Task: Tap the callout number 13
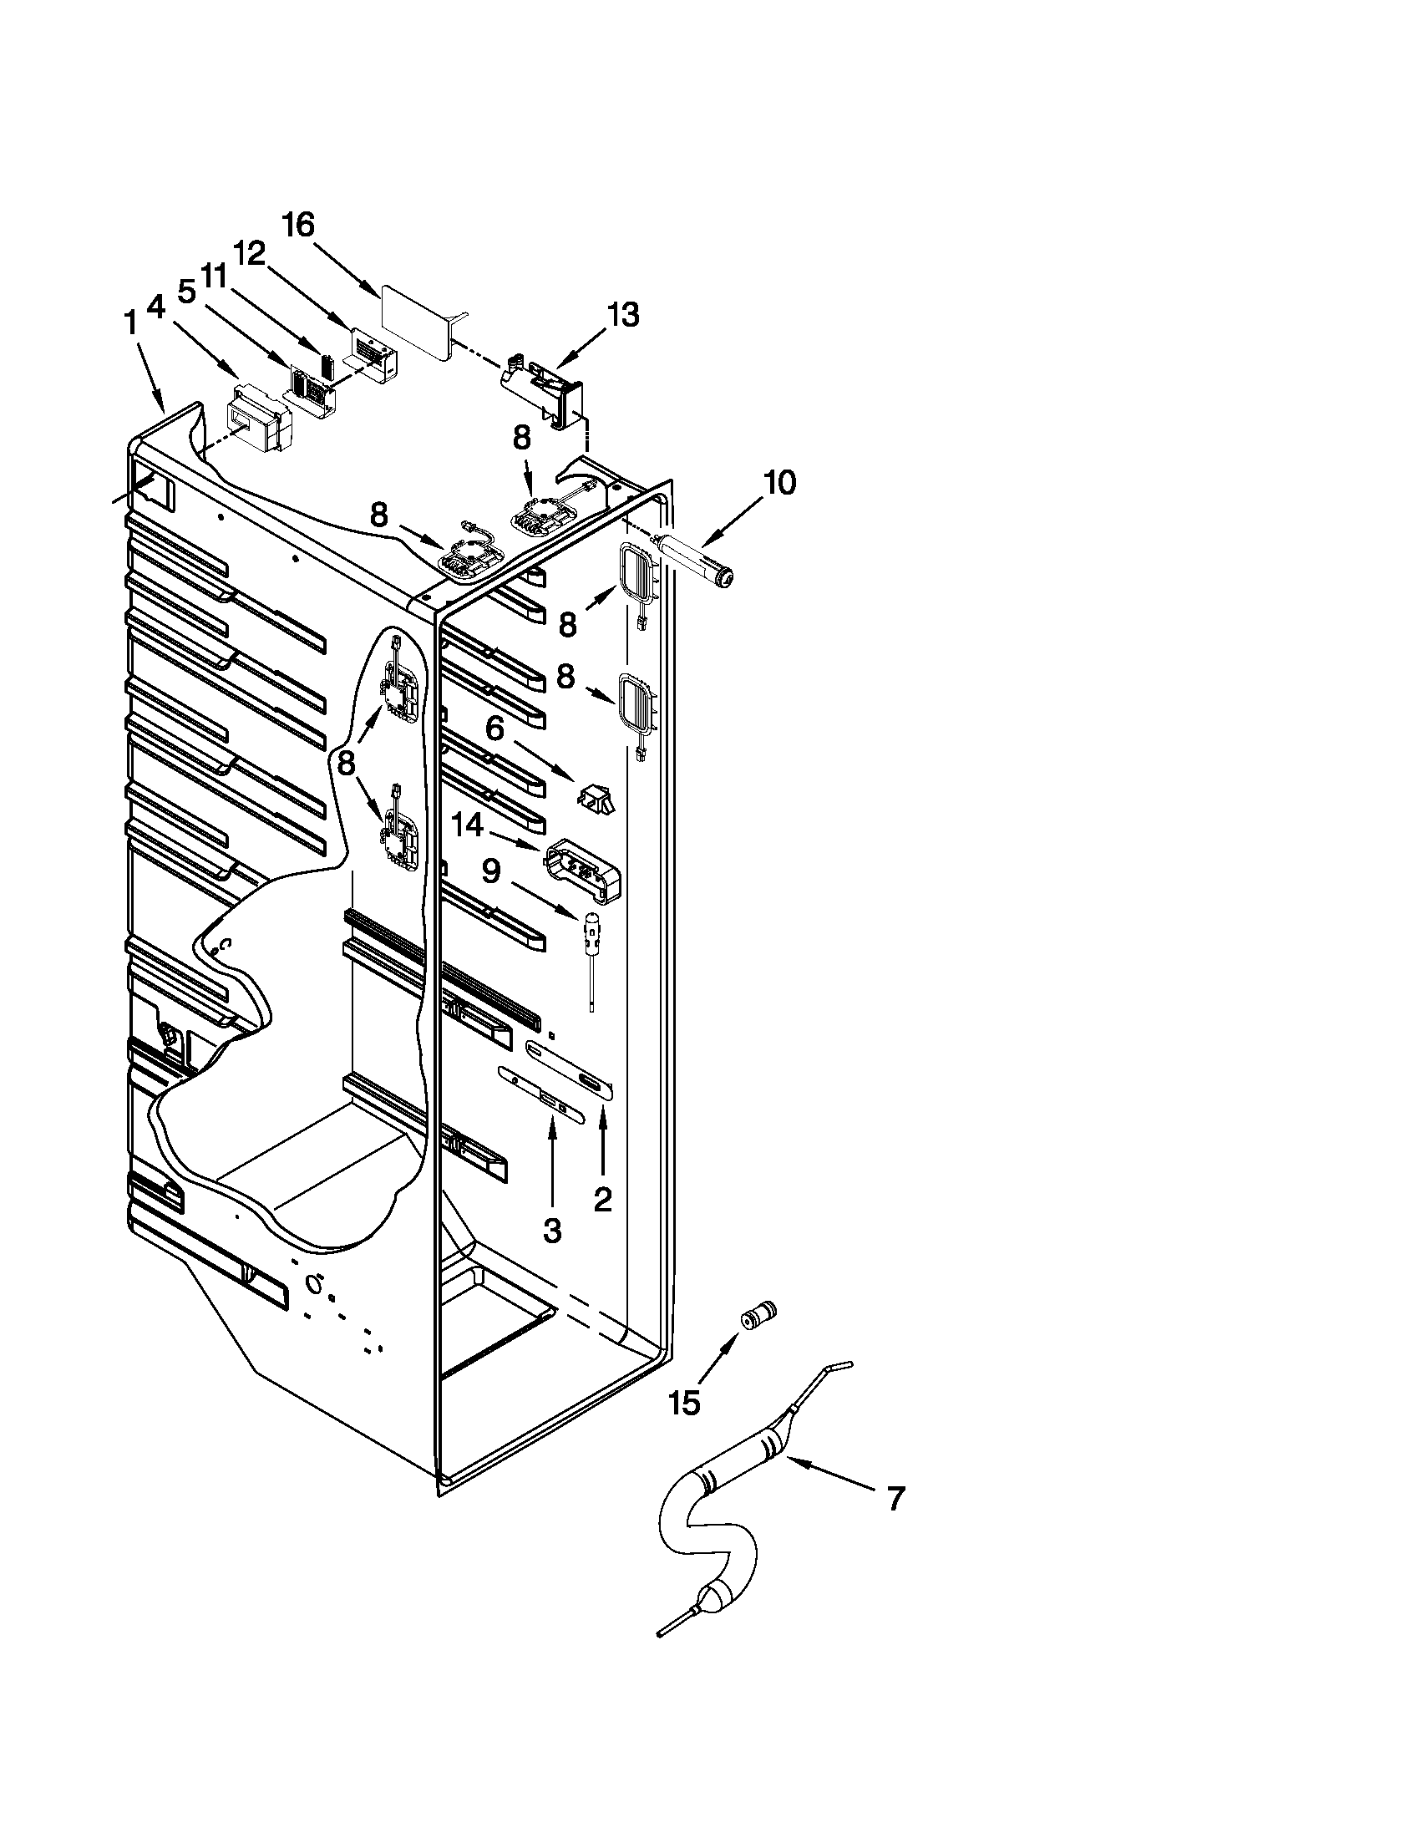[622, 315]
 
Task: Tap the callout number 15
[685, 1403]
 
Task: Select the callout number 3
[551, 1231]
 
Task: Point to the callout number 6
[494, 728]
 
